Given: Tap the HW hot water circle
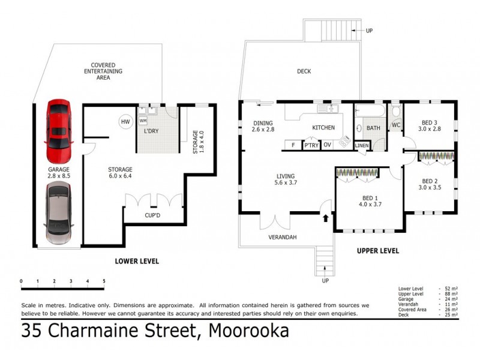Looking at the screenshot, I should click(125, 122).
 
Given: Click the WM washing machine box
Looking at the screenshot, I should click(143, 121).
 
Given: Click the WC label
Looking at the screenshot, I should click(396, 125).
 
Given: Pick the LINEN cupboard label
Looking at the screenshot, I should click(362, 145).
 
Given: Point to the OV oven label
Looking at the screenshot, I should click(328, 145).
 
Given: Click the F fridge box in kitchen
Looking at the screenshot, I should click(292, 145).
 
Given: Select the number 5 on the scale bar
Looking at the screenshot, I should click(104, 281).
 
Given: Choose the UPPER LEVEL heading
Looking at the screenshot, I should click(378, 250).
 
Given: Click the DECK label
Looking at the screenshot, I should click(304, 71).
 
